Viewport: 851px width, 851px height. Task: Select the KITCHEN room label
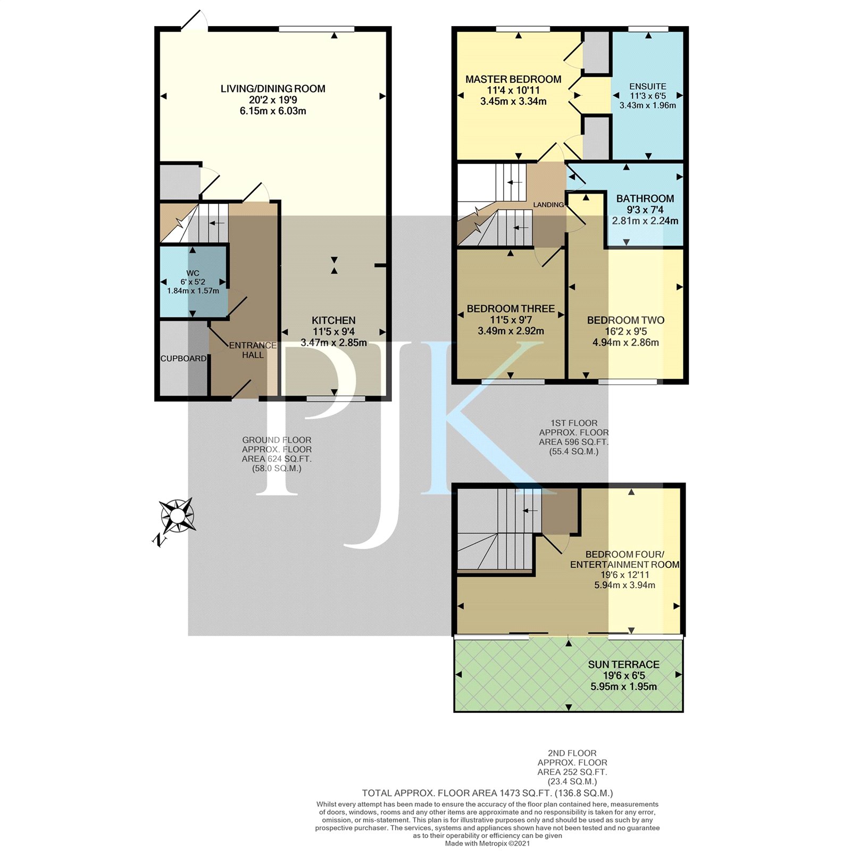coord(333,320)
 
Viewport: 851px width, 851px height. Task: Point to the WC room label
coord(193,273)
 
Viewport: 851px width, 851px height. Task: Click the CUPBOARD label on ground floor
coord(183,358)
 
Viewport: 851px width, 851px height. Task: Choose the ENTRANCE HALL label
coord(253,350)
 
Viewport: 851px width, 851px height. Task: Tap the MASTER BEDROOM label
coord(513,79)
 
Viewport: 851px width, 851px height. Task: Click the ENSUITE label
coord(648,86)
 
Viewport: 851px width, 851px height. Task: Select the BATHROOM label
coord(645,198)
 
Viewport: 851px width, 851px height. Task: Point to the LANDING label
coord(548,205)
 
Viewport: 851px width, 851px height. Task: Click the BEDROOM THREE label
coord(511,308)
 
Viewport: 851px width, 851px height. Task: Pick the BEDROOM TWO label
coord(625,320)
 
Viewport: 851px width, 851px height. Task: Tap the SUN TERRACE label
coord(624,664)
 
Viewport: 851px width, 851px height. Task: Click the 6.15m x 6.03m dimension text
coord(273,111)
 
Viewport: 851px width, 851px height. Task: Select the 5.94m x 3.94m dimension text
coord(624,585)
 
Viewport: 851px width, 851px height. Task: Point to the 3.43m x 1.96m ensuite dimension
coord(648,105)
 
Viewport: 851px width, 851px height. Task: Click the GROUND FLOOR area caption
coord(277,454)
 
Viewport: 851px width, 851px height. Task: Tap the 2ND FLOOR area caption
coord(572,767)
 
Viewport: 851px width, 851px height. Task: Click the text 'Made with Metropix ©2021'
coord(488,843)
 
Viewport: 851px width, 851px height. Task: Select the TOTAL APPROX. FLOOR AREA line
coord(488,793)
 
